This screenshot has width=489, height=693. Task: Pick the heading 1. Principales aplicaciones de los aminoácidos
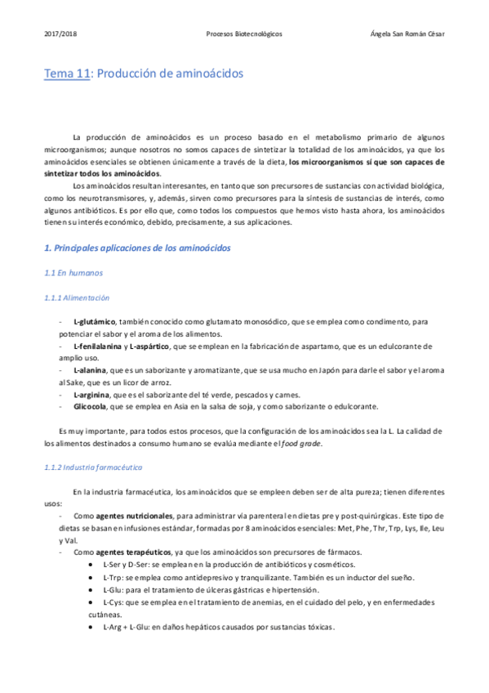click(137, 247)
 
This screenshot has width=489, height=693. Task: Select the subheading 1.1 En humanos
click(73, 272)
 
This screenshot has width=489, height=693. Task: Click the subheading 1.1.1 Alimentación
click(77, 298)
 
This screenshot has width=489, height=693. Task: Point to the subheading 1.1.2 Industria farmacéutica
click(93, 467)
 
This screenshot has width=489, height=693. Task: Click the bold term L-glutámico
click(95, 321)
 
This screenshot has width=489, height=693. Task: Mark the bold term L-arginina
click(91, 394)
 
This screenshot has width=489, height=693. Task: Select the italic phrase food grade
click(304, 444)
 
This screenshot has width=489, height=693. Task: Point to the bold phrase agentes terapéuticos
click(134, 552)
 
